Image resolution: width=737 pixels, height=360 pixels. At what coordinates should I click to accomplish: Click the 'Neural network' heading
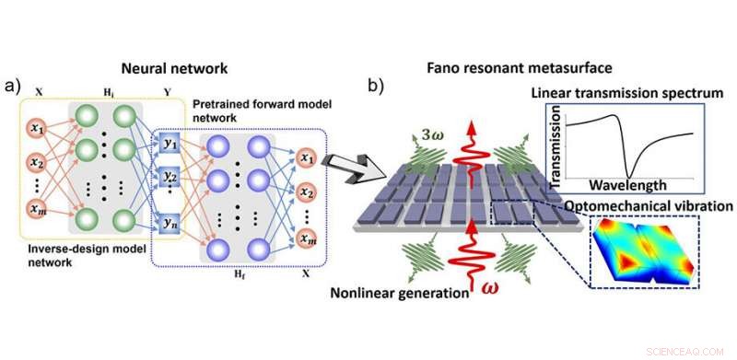tap(175, 68)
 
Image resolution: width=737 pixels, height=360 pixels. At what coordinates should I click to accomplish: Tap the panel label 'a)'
tap(14, 87)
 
